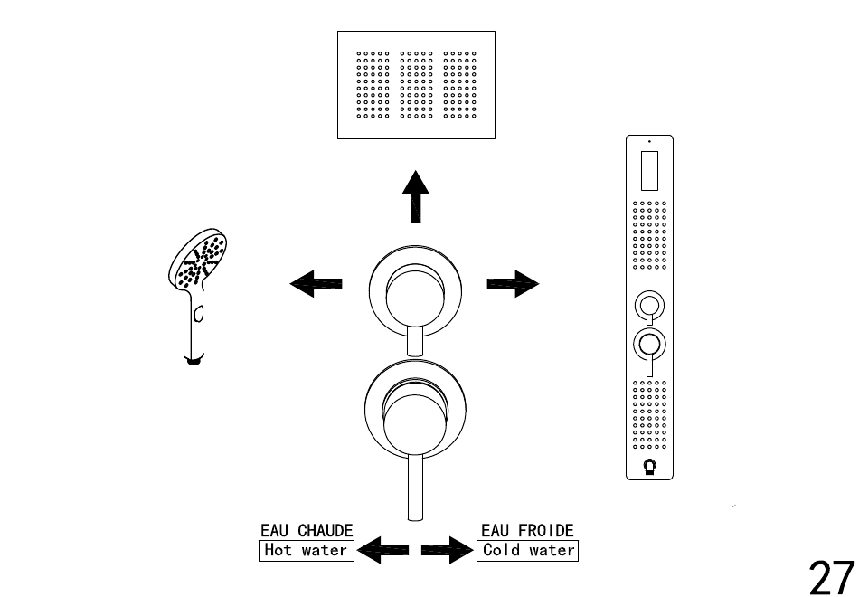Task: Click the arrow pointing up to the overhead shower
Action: [x=415, y=197]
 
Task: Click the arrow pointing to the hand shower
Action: [x=316, y=283]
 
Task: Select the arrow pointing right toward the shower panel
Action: [x=513, y=284]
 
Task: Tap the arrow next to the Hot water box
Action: [x=383, y=549]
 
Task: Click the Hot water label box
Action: [x=306, y=549]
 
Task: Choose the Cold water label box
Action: [x=527, y=549]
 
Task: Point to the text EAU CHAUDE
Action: [x=306, y=530]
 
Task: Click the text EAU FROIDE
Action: [x=527, y=530]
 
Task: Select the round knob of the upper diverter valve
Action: [x=414, y=289]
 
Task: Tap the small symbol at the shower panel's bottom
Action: [x=649, y=467]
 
